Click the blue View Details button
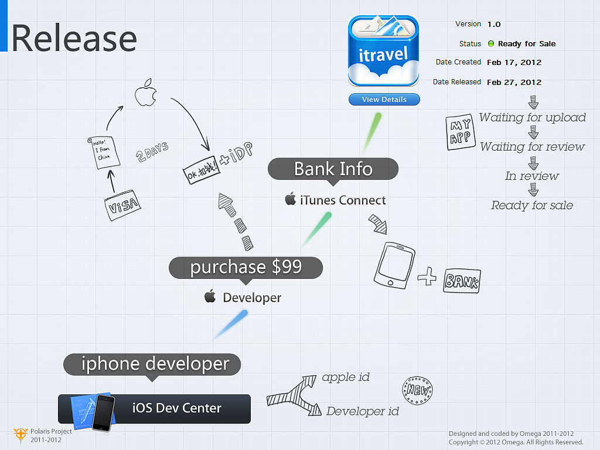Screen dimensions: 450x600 click(x=384, y=100)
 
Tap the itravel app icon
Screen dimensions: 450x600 click(x=384, y=51)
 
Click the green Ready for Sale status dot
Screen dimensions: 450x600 click(x=491, y=44)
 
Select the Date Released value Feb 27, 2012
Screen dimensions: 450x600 click(x=514, y=83)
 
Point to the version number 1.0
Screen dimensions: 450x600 click(x=494, y=24)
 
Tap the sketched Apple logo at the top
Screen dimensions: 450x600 click(x=145, y=94)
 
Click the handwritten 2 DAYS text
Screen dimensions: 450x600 click(x=152, y=151)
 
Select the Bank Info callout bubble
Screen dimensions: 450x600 click(x=333, y=169)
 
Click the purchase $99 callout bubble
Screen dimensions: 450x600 click(x=246, y=267)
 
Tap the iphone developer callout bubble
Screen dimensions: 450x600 click(x=152, y=364)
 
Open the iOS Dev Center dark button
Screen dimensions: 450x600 click(x=154, y=408)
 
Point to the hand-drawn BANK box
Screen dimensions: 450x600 click(x=462, y=281)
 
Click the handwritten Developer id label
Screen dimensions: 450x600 click(x=362, y=411)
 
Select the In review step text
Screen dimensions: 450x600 click(x=532, y=176)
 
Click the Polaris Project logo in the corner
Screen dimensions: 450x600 click(x=21, y=435)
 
